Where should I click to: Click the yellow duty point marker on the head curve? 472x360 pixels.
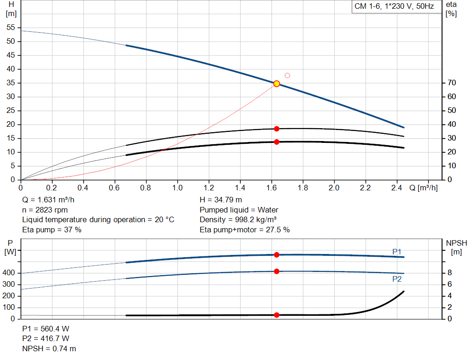(x=277, y=83)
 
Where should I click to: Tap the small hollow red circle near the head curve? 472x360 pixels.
(x=287, y=75)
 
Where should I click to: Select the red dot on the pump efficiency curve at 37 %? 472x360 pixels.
(x=277, y=129)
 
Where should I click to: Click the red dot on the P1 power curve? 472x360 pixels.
(x=277, y=255)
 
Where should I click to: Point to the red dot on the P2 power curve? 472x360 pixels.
(x=277, y=271)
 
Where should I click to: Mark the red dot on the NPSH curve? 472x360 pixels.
(x=277, y=315)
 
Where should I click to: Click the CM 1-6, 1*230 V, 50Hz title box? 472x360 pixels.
(x=394, y=7)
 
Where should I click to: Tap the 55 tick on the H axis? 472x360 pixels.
(x=12, y=28)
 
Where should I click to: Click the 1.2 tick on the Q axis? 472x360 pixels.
(x=208, y=188)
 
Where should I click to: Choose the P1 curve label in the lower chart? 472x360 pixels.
(x=397, y=251)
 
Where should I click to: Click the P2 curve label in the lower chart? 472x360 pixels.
(x=397, y=279)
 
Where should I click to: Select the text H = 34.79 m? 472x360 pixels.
(x=220, y=200)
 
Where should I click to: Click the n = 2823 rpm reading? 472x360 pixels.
(x=45, y=210)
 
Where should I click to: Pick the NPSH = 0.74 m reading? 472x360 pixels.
(x=49, y=348)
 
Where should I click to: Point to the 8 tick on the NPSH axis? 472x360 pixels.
(x=449, y=273)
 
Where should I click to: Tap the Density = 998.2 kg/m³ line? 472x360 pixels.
(x=238, y=219)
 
